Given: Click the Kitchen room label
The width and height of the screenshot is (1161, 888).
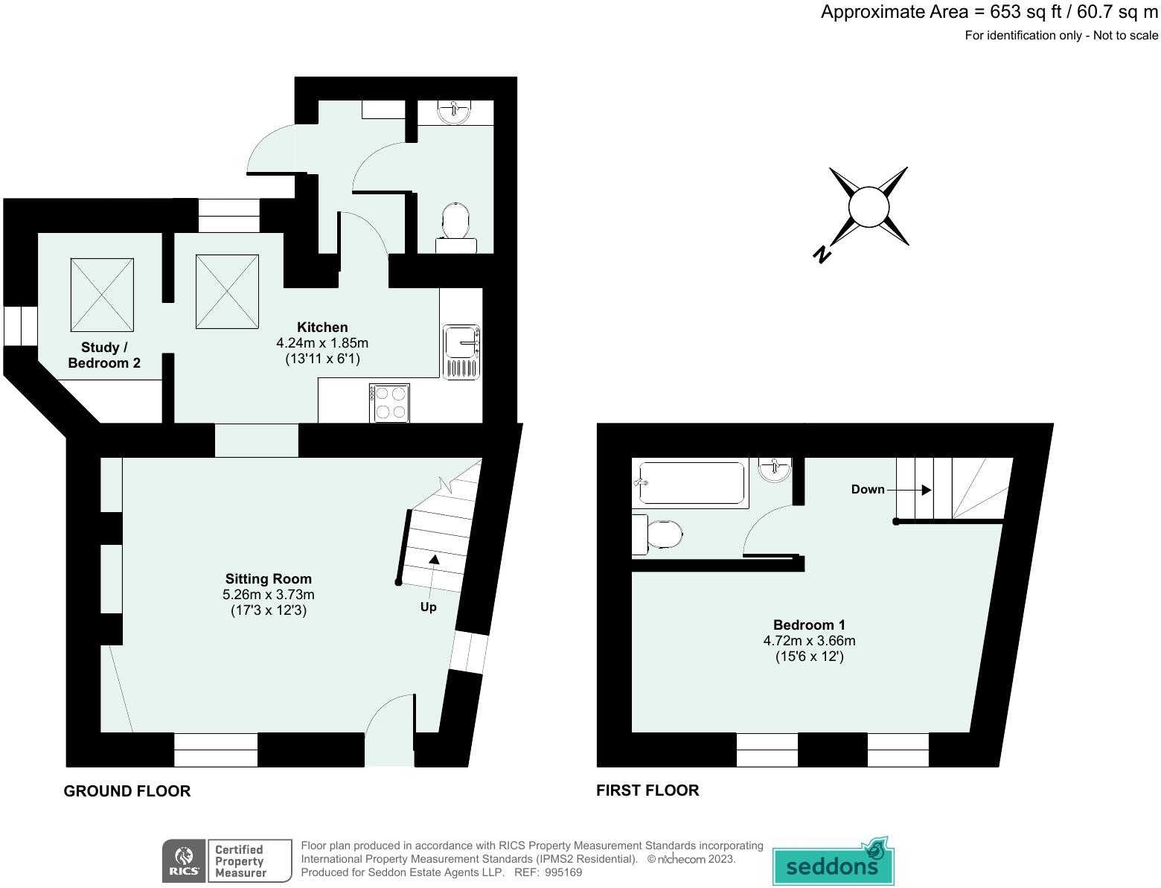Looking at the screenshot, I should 322,328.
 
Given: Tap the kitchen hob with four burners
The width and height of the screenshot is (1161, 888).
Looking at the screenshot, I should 389,403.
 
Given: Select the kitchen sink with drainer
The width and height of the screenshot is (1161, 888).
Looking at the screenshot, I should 461,352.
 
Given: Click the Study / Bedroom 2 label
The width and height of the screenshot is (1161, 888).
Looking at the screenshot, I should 104,355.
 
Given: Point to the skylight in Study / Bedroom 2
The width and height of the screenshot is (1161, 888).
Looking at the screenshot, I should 103,295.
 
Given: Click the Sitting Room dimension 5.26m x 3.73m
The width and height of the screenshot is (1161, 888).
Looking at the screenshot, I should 269,595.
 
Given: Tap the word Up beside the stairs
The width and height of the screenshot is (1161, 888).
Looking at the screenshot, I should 428,607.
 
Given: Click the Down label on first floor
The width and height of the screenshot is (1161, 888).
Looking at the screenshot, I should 868,489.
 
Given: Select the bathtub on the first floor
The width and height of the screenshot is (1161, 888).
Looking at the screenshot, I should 691,483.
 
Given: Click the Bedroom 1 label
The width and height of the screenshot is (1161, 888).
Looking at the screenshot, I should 809,625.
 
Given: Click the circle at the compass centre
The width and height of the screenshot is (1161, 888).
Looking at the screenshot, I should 869,207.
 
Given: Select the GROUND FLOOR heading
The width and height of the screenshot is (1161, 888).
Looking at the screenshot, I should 127,791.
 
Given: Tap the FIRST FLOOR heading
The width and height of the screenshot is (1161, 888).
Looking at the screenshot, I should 647,790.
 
